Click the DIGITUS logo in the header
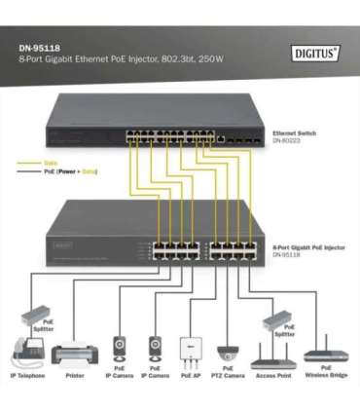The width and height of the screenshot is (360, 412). point(316,53)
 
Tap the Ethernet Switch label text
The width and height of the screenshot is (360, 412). point(299,131)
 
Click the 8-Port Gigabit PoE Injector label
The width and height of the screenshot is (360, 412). point(307,248)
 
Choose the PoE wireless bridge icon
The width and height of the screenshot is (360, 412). point(325,356)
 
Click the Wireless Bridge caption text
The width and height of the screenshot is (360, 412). point(325,375)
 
